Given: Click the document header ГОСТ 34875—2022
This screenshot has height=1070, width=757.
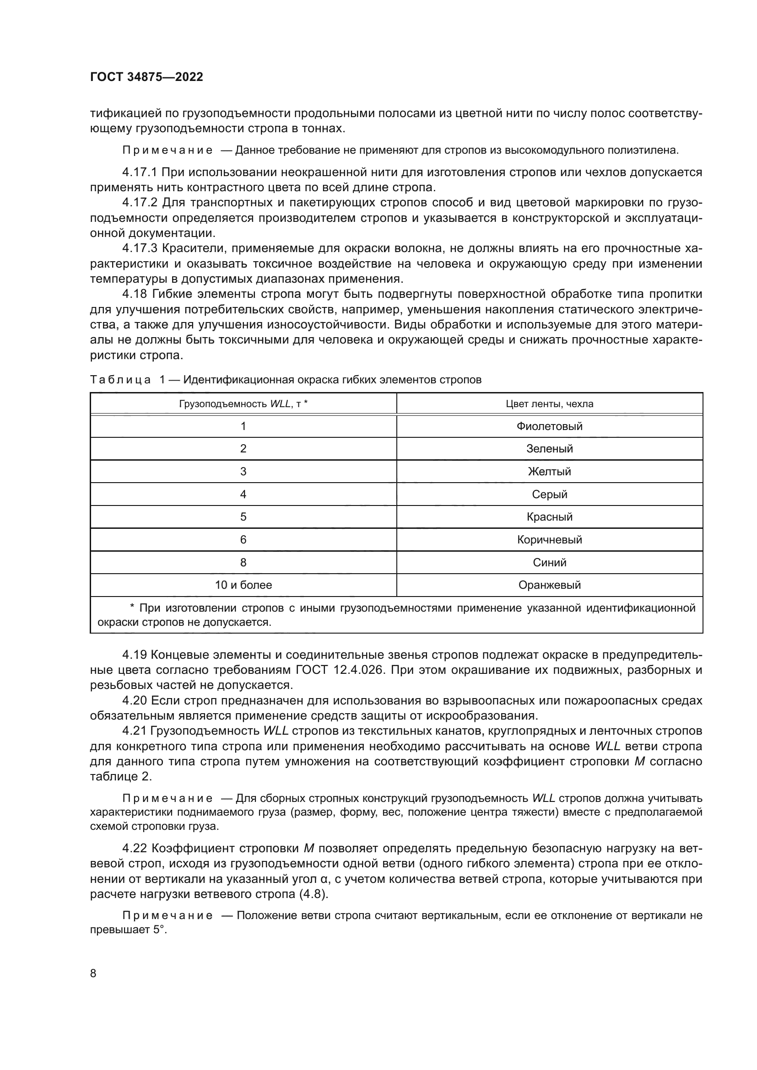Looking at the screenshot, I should click(x=146, y=77).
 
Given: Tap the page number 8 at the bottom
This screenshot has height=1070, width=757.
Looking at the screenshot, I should click(x=93, y=973).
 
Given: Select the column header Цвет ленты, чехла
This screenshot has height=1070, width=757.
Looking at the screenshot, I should click(x=549, y=403).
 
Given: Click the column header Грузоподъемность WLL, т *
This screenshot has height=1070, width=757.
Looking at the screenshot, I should click(x=243, y=403).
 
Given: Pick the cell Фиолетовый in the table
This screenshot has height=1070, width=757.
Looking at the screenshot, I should click(x=549, y=426).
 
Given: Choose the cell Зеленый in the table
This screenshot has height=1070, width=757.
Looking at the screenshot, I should click(x=549, y=449).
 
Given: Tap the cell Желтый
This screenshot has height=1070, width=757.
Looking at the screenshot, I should click(x=549, y=471).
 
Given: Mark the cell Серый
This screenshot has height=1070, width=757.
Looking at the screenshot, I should click(x=549, y=494).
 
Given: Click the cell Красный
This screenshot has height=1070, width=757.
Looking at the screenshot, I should click(x=549, y=516).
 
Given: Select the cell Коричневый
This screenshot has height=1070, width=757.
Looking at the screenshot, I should click(x=549, y=540).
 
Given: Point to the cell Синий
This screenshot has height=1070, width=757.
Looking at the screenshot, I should click(x=549, y=562).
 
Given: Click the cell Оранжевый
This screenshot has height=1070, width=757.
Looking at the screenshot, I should click(x=549, y=585).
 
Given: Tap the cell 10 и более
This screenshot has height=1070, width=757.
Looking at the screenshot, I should click(x=243, y=585).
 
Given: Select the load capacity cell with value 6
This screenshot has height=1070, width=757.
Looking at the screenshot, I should click(x=243, y=540).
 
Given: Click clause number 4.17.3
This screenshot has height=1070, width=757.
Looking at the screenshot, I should click(x=140, y=248).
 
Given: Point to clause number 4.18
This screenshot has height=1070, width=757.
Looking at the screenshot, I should click(x=135, y=294).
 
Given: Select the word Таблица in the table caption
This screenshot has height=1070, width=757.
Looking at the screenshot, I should click(x=120, y=380).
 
